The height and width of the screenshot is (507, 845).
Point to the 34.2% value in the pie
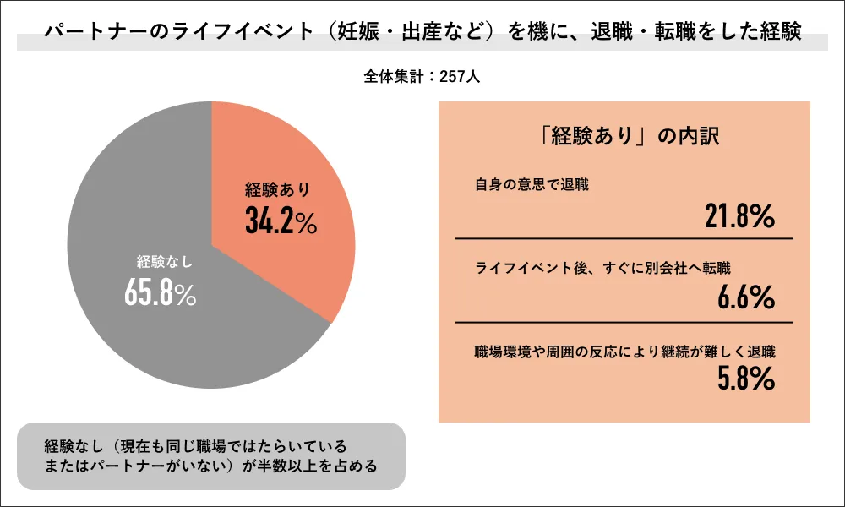(x=281, y=221)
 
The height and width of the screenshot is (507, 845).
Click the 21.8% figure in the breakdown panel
(x=740, y=217)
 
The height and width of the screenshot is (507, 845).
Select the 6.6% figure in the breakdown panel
(x=746, y=297)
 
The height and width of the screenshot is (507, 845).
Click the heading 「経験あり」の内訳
(x=624, y=136)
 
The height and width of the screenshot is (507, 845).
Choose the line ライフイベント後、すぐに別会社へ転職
(x=602, y=267)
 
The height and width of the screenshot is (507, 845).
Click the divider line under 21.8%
(x=624, y=239)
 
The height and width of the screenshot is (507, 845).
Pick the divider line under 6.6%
(x=624, y=322)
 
